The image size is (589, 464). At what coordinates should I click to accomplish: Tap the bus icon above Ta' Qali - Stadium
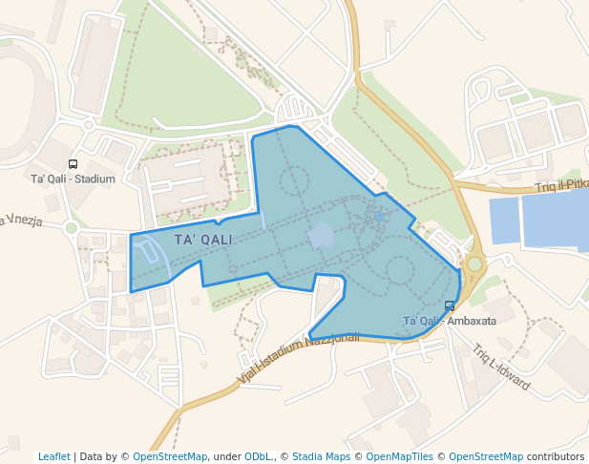(73, 164)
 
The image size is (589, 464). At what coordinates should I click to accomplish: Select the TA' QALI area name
(203, 239)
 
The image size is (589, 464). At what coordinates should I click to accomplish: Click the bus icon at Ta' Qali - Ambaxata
(450, 306)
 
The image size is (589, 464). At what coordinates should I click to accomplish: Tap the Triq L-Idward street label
(500, 368)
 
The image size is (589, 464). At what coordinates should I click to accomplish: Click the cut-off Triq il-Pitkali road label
(561, 186)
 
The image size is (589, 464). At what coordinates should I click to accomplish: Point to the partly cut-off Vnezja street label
(21, 221)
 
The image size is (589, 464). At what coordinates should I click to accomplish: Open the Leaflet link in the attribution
(53, 456)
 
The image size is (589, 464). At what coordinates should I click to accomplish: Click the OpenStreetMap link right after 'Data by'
(170, 456)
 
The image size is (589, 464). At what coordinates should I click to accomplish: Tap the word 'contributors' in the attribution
(556, 456)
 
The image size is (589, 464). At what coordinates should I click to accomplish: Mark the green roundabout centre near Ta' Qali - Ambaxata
(474, 263)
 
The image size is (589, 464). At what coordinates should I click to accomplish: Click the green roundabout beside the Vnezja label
(71, 227)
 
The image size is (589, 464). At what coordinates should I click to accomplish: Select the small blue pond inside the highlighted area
(322, 236)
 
